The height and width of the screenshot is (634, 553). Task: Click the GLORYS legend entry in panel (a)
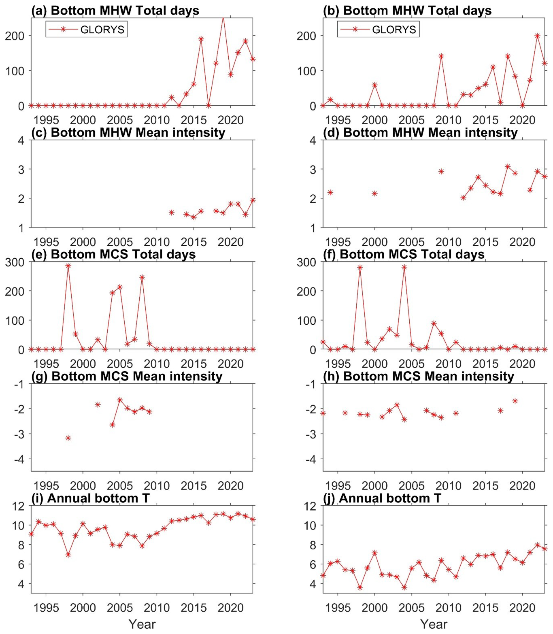point(87,29)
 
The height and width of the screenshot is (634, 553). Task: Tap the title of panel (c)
point(128,132)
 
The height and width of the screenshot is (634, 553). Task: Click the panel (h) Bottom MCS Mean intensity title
point(419,376)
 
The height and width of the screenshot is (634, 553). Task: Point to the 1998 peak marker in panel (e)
point(68,266)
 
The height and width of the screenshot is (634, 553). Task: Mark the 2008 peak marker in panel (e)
point(142,277)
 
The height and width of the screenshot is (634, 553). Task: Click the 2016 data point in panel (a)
point(201,39)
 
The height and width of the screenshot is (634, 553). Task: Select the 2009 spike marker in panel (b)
point(441,56)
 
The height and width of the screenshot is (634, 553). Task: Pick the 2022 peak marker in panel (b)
point(537,36)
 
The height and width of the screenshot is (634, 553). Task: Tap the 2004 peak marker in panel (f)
point(404,267)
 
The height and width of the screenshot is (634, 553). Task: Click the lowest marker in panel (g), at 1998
point(68,438)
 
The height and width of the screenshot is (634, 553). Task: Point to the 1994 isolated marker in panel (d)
point(330,192)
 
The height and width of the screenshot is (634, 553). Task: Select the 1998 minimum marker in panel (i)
point(68,555)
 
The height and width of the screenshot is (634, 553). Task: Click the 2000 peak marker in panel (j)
point(374,553)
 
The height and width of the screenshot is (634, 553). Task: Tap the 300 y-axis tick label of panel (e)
point(15,262)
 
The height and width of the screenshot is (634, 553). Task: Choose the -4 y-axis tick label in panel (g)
point(19,459)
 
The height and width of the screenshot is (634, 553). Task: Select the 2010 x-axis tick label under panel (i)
point(157,608)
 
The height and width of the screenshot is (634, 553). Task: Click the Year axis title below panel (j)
point(434,624)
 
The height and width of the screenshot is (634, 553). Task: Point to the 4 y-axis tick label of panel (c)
point(21,140)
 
